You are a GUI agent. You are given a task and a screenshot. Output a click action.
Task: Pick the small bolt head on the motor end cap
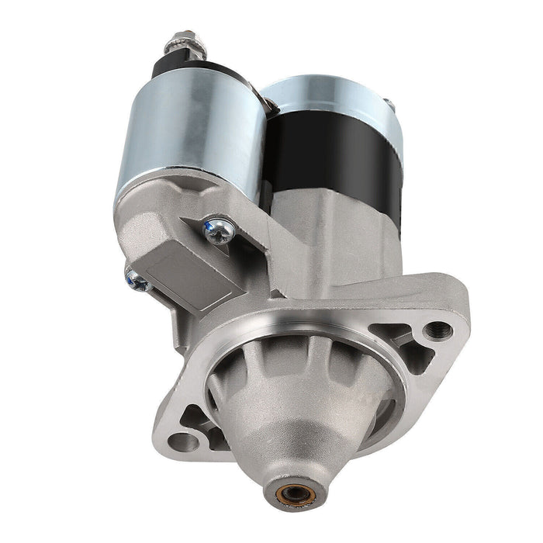pos(388,104)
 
